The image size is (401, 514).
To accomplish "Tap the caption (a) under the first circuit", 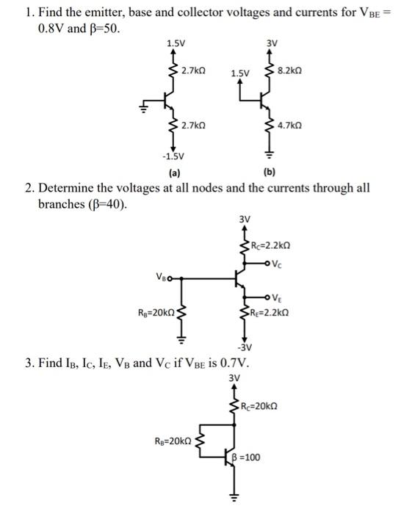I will pyautogui.click(x=174, y=173).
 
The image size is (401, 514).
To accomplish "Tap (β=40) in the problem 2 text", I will pyautogui.click(x=106, y=203).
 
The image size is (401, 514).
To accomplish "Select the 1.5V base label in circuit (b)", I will pyautogui.click(x=240, y=73).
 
